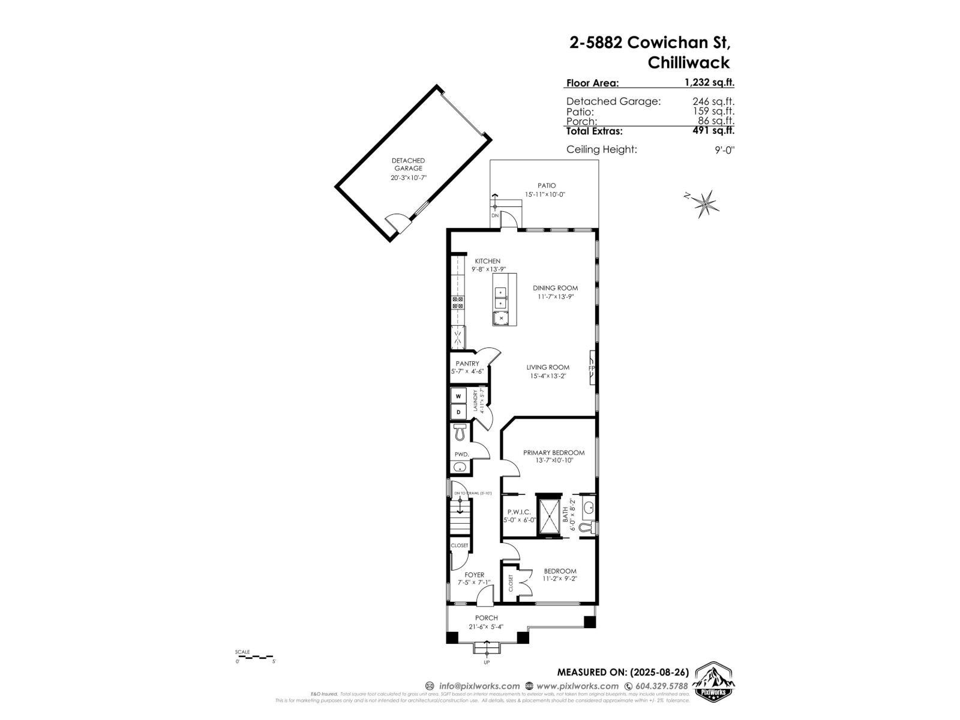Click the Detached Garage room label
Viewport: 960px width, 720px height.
tap(408, 164)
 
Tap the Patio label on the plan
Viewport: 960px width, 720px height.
tap(546, 185)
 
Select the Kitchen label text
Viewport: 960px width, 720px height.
tap(487, 261)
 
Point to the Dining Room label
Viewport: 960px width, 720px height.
tap(555, 288)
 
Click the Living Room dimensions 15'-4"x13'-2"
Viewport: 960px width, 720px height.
tap(548, 376)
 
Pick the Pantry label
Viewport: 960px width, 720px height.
tap(467, 364)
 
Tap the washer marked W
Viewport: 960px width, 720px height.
tap(458, 396)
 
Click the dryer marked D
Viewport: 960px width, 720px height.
tap(458, 412)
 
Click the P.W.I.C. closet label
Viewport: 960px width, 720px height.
tap(519, 512)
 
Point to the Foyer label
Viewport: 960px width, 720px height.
tap(474, 575)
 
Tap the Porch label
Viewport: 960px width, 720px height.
tap(486, 618)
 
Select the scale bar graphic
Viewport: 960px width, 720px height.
tap(254, 657)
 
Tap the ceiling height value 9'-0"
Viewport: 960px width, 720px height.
tap(724, 149)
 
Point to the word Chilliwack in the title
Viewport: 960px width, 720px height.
tap(689, 62)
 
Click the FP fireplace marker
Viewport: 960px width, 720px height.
tap(591, 368)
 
